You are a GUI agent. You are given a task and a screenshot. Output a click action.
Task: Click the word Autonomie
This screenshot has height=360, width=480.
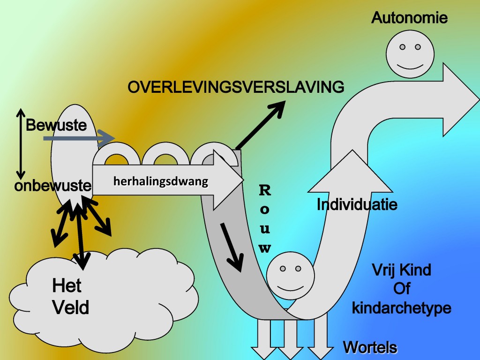(409, 18)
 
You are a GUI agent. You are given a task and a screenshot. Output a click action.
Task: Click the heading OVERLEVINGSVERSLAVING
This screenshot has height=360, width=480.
(236, 87)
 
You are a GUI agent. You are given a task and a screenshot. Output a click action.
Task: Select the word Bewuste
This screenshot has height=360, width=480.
(56, 126)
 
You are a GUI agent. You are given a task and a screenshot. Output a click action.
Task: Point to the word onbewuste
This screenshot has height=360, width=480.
(52, 186)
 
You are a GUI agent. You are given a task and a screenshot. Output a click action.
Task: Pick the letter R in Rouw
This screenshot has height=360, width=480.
(265, 190)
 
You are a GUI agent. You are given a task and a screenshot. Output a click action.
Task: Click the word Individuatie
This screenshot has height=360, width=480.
(357, 204)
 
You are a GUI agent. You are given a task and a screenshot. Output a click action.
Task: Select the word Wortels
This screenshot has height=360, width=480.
(370, 348)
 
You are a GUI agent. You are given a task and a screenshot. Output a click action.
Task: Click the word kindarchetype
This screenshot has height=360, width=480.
(401, 308)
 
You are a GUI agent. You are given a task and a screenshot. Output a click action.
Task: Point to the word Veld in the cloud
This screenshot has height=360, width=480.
(71, 307)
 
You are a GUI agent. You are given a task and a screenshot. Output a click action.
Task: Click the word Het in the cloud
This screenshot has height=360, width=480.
(67, 285)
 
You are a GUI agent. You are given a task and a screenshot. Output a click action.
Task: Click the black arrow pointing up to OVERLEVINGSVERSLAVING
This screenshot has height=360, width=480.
(261, 124)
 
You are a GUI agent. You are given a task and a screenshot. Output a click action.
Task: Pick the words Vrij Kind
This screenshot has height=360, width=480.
(401, 270)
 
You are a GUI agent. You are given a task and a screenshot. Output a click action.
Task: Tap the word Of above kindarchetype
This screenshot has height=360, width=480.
(402, 289)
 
